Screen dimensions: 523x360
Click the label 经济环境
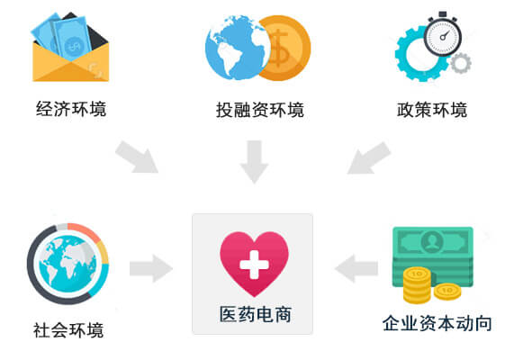coord(71,109)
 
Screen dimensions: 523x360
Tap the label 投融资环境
coord(260,109)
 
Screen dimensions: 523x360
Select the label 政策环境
coord(432,109)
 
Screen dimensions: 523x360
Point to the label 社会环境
coord(68,330)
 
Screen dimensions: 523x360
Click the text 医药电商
coord(255,314)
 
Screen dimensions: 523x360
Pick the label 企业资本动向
coord(437,323)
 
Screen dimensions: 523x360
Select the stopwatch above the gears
coord(443,34)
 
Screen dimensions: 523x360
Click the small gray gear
coord(461,63)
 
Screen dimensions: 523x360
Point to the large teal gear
coord(421,54)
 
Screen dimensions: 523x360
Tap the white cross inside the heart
coord(254,265)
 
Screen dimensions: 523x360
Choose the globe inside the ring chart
coord(68,264)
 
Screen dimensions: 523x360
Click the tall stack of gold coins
coord(417,285)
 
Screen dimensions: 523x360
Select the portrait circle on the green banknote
coord(433,240)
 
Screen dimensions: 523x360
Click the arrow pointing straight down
coord(254,162)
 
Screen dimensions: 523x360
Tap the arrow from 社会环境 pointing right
coord(151,269)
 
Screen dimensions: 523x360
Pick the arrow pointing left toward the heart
coord(356,269)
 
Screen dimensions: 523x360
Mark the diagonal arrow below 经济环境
coord(137,157)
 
